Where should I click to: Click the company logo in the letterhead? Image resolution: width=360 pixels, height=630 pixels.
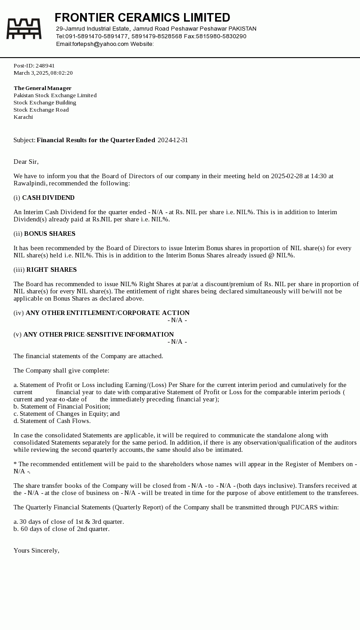(x=24, y=28)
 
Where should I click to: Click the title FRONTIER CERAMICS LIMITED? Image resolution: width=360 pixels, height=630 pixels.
(x=142, y=18)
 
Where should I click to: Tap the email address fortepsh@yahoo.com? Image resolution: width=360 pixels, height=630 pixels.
(x=100, y=44)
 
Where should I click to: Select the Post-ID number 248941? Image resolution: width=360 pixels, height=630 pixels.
(x=45, y=66)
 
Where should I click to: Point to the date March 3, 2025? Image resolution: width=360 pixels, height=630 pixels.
(x=31, y=73)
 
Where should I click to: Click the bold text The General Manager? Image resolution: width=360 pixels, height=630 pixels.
(x=42, y=88)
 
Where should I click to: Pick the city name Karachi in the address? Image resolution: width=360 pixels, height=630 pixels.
(x=23, y=117)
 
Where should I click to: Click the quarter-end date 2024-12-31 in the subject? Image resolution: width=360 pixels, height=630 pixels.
(x=173, y=140)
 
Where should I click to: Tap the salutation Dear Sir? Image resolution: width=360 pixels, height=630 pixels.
(x=26, y=162)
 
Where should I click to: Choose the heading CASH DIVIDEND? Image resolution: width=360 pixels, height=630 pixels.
(x=48, y=198)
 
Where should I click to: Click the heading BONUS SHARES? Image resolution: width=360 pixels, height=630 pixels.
(x=49, y=234)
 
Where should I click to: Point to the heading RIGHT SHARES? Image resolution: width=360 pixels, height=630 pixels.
(x=51, y=270)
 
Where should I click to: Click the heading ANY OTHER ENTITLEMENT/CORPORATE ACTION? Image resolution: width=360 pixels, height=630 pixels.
(x=108, y=313)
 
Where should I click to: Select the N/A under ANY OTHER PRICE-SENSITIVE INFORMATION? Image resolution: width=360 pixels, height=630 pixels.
(x=177, y=342)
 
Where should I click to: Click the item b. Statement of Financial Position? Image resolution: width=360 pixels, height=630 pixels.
(x=62, y=406)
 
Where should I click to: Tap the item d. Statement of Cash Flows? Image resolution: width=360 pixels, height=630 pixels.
(x=52, y=421)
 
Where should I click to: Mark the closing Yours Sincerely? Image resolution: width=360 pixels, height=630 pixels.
(x=36, y=550)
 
